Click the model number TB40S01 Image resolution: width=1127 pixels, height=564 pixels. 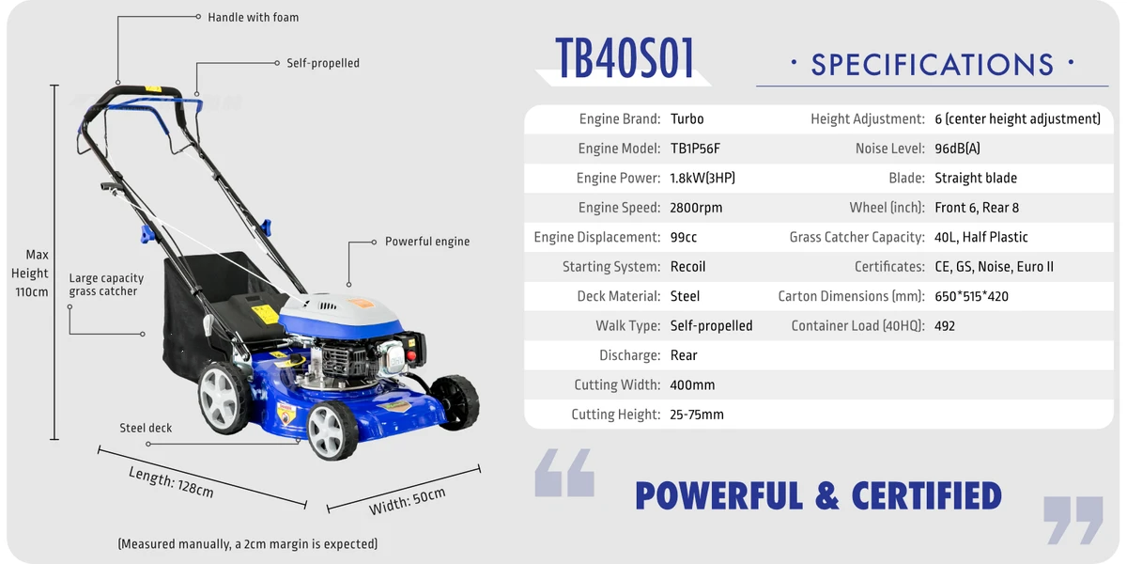[625, 58]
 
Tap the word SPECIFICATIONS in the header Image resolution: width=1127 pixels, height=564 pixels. [933, 65]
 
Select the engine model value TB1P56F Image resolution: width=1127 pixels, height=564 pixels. [695, 149]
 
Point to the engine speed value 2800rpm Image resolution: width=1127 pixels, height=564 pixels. [696, 208]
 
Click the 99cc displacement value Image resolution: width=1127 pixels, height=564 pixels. [684, 237]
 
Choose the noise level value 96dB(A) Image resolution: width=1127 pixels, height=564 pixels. [957, 149]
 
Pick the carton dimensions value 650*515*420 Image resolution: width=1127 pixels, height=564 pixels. [971, 296]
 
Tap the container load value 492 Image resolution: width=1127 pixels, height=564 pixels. [945, 326]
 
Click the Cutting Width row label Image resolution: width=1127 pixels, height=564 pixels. [617, 385]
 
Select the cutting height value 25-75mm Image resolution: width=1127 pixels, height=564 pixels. [696, 415]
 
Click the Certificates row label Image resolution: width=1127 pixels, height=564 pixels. [889, 267]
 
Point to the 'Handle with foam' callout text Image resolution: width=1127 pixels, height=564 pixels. [253, 18]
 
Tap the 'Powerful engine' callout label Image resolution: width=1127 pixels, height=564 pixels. [427, 242]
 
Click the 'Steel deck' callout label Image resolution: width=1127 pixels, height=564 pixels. [146, 428]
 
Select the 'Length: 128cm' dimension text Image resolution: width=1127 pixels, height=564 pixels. [171, 482]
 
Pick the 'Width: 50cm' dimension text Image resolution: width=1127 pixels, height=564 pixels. [407, 501]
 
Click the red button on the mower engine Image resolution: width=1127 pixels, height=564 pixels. [411, 356]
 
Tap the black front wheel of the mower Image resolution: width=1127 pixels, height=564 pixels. [455, 402]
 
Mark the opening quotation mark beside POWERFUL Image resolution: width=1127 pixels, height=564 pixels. [564, 473]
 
